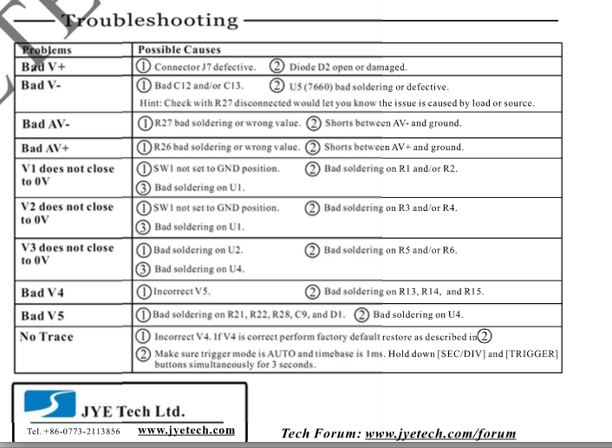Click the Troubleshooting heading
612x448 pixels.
coord(151,20)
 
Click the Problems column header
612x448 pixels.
coord(47,49)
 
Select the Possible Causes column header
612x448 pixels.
coord(179,49)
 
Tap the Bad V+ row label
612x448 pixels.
coord(43,67)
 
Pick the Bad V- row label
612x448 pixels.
coord(42,86)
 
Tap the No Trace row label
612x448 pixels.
coord(47,337)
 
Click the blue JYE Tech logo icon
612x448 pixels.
coord(49,404)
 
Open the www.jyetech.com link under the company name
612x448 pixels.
coord(186,430)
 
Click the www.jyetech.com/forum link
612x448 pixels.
coord(440,433)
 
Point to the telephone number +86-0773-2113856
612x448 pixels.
coord(74,431)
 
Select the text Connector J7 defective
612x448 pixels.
coord(205,67)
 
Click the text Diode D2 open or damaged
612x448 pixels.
coord(347,67)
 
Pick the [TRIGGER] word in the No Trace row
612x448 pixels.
coord(532,353)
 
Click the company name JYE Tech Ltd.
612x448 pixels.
coord(133,411)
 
